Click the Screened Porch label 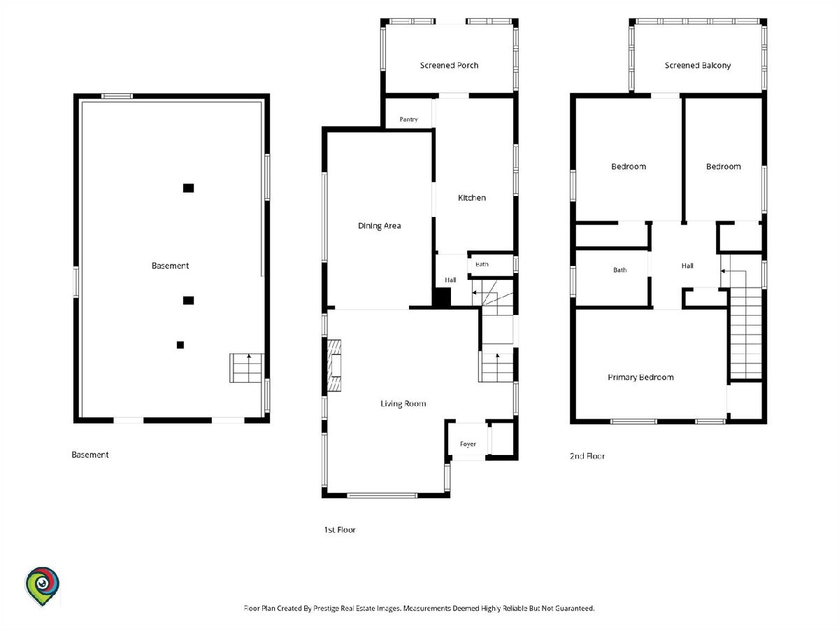pyautogui.click(x=449, y=65)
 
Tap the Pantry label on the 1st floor pyautogui.click(x=408, y=119)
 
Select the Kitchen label pyautogui.click(x=472, y=198)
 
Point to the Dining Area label pyautogui.click(x=380, y=226)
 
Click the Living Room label pyautogui.click(x=403, y=404)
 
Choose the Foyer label pyautogui.click(x=468, y=444)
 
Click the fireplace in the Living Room pyautogui.click(x=334, y=365)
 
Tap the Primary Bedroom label pyautogui.click(x=640, y=377)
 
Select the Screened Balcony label pyautogui.click(x=698, y=65)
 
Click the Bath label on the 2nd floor pyautogui.click(x=619, y=270)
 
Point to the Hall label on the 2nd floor pyautogui.click(x=687, y=266)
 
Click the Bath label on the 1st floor pyautogui.click(x=482, y=265)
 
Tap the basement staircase pyautogui.click(x=247, y=368)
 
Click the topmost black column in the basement pyautogui.click(x=189, y=188)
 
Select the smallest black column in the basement pyautogui.click(x=180, y=345)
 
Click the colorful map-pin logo pyautogui.click(x=42, y=586)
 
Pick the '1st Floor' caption pyautogui.click(x=340, y=530)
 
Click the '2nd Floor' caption pyautogui.click(x=587, y=456)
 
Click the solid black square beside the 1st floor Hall pyautogui.click(x=442, y=297)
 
